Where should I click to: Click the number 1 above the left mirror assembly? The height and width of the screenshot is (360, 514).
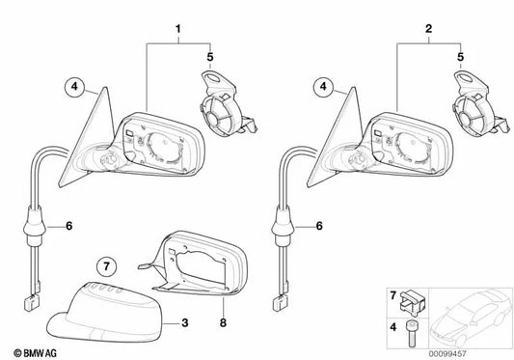[178, 29]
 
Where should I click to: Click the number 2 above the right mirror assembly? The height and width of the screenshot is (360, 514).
[428, 29]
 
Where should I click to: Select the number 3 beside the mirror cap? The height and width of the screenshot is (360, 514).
[185, 323]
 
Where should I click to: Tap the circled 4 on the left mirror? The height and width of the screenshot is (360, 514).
[75, 87]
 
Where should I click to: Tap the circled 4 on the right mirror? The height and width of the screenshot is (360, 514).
[324, 87]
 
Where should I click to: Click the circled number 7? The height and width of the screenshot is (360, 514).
[106, 266]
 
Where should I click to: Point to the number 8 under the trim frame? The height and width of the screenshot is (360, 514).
[223, 323]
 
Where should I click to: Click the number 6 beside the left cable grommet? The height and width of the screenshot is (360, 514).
[68, 226]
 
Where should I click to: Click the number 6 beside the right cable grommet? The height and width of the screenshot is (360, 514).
[319, 226]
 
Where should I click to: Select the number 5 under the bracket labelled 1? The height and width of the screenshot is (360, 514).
[210, 57]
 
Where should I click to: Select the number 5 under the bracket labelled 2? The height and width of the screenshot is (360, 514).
[461, 57]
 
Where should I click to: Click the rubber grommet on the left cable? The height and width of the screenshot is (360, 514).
[35, 226]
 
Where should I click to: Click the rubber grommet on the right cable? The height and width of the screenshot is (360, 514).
[283, 226]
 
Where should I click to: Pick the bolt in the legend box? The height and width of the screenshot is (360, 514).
[411, 333]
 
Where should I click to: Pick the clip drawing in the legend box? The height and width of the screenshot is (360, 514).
[413, 300]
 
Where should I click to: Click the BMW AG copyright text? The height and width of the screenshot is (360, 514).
[35, 353]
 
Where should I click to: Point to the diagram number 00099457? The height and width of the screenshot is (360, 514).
[447, 354]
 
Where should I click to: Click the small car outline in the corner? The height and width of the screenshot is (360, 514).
[471, 317]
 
